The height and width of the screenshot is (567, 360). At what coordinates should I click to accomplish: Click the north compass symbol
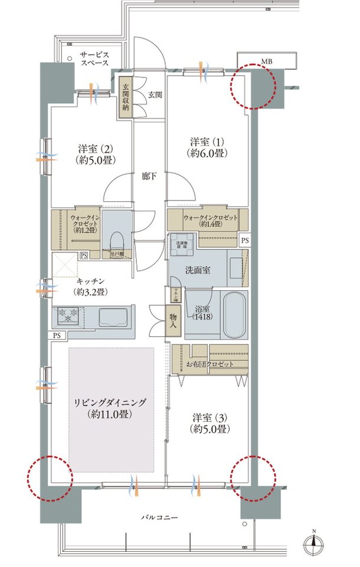point(314,546)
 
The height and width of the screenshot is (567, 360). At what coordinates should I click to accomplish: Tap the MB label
point(267,61)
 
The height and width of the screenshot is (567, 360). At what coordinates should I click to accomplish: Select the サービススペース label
point(96,58)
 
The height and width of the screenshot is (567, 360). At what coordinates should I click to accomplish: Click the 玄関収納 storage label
point(126,98)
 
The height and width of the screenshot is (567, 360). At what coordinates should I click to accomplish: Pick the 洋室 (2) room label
point(95,153)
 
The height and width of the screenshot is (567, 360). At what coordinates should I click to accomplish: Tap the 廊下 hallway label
point(149,175)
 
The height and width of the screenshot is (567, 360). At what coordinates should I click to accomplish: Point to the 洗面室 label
point(198,270)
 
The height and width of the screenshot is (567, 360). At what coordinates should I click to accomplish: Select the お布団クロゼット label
point(210,364)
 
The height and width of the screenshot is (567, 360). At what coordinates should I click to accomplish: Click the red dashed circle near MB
point(253,87)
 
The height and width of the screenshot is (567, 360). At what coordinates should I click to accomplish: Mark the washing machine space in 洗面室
point(182,248)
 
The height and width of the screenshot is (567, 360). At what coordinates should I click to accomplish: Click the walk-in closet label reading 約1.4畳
point(210,221)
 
